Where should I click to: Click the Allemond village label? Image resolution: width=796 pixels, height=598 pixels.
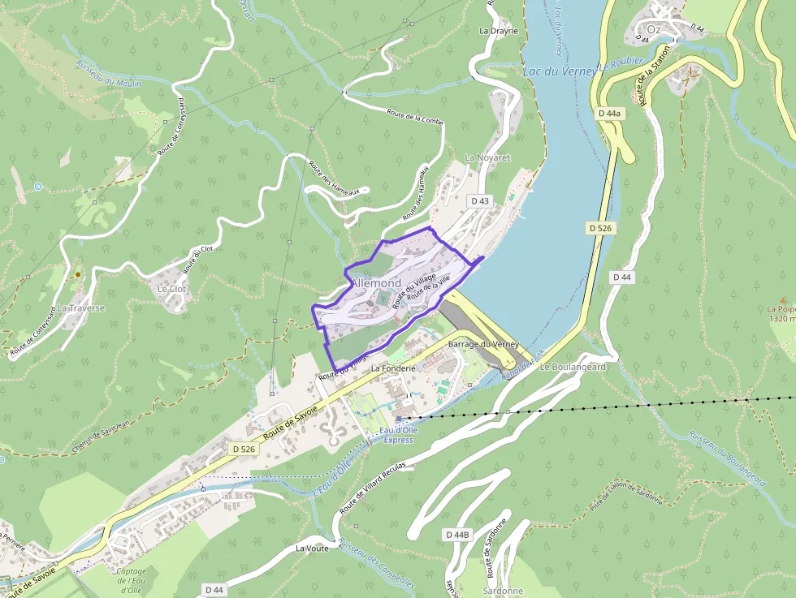[x=376, y=282]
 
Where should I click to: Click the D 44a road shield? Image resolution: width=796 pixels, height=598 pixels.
[x=608, y=114]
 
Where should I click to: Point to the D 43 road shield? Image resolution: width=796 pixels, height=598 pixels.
[x=480, y=200]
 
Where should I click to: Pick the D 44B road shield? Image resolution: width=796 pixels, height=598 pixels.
[x=458, y=535]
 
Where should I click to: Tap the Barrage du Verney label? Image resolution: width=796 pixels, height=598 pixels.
[x=483, y=345]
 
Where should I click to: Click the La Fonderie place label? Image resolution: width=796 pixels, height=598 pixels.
[x=393, y=368]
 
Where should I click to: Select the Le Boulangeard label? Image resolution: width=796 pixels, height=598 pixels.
[x=573, y=367]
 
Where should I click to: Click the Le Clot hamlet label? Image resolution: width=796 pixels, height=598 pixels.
[x=171, y=288]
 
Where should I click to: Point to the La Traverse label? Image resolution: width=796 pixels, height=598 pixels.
[x=80, y=308]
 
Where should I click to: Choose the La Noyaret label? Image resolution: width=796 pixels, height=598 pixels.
[x=487, y=157]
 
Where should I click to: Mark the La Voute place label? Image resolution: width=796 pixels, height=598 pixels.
[x=311, y=549]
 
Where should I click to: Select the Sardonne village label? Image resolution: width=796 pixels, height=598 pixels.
[x=503, y=591]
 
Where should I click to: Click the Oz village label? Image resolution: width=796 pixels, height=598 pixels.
[x=654, y=28]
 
